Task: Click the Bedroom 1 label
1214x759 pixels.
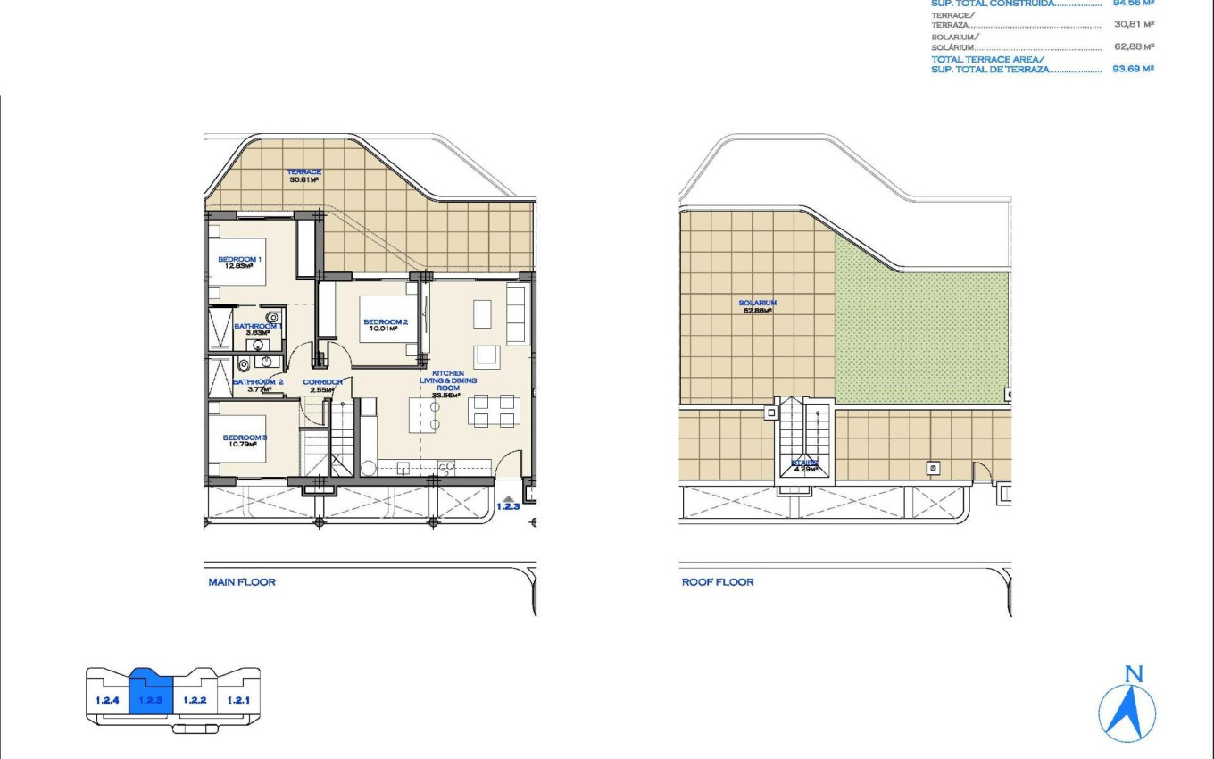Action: pos(239,262)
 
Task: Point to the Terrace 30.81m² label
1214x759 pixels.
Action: pos(304,175)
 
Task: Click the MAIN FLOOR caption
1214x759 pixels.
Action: pos(242,582)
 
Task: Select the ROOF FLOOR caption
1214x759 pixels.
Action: pos(718,582)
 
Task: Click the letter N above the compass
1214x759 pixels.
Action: pos(1134,674)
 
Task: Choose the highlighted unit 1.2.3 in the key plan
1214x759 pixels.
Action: pos(150,699)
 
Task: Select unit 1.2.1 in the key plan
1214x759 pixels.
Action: pos(237,700)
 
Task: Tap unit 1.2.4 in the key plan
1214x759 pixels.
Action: pos(107,700)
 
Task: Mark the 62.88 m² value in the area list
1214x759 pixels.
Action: pos(1134,46)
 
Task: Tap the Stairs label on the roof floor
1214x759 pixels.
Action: pos(805,465)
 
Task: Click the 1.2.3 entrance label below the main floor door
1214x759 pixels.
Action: pos(507,506)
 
